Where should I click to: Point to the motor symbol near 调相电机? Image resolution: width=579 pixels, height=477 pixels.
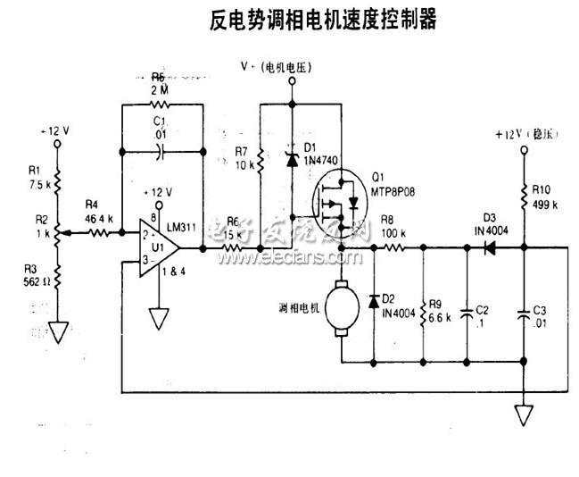[x=342, y=308]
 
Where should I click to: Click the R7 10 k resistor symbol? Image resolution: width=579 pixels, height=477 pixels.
[x=260, y=162]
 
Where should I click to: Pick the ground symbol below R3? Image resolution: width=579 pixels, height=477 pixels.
[x=58, y=331]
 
